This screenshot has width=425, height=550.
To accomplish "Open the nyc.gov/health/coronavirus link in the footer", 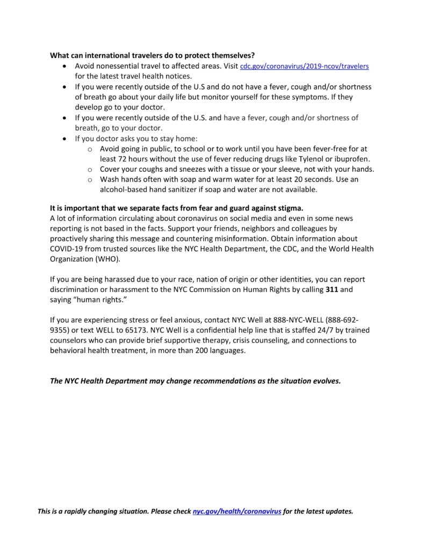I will point(237,511).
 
